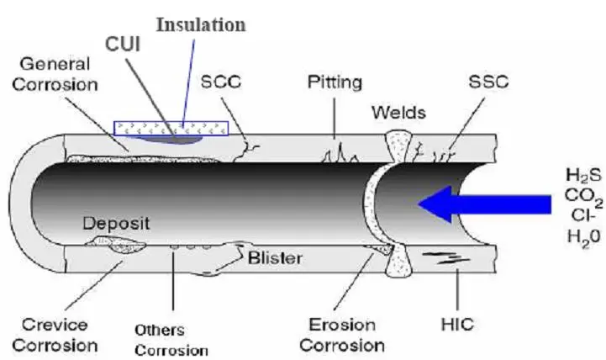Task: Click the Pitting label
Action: pos(335,82)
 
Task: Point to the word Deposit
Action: pos(117,225)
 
